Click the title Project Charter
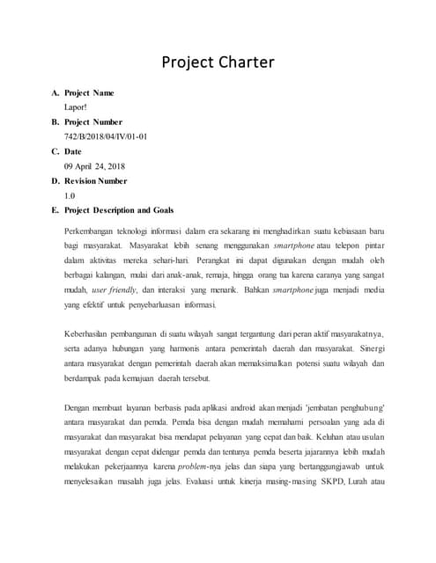click(218, 62)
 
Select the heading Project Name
click(89, 92)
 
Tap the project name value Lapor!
click(75, 107)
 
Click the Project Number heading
click(93, 121)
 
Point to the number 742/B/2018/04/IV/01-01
click(106, 136)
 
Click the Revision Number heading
click(96, 180)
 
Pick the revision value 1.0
click(70, 195)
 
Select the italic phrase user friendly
click(112, 289)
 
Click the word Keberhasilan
click(89, 334)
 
